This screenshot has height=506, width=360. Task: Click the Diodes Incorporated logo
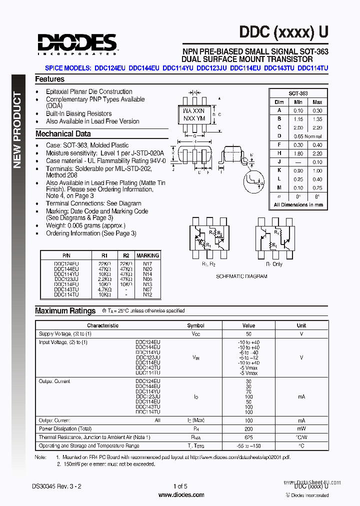point(76,43)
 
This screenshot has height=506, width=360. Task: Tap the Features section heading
point(49,79)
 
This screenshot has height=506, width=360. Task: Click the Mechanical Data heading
point(63,134)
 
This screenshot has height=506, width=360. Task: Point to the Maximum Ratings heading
point(65,310)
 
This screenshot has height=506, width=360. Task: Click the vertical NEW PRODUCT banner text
point(17,130)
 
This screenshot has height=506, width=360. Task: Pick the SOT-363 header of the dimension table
point(298,93)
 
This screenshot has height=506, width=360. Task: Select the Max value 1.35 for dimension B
point(317,119)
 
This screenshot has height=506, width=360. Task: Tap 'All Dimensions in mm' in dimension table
point(298,204)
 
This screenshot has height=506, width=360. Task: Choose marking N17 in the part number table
point(147,263)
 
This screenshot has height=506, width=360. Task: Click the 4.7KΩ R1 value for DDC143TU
point(104,289)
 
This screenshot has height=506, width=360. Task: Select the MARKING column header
point(147,255)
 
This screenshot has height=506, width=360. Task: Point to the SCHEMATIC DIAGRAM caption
point(241,276)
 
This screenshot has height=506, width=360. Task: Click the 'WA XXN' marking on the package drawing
point(194,110)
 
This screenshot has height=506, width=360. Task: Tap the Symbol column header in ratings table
point(195,325)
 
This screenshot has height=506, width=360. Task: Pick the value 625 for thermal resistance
point(248,437)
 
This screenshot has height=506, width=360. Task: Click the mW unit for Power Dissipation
point(301,429)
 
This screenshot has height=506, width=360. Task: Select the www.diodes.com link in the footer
point(181,495)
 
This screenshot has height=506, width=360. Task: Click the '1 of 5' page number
point(180,486)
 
